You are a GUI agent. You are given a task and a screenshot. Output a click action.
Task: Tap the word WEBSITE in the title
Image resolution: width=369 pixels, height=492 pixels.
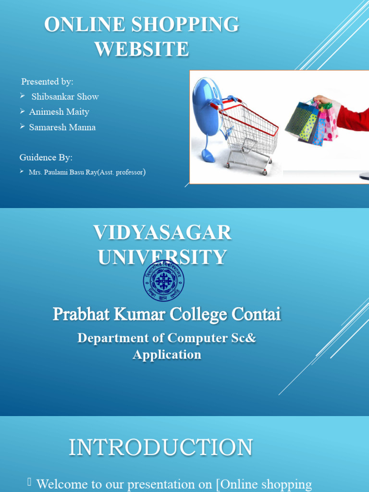click(x=142, y=49)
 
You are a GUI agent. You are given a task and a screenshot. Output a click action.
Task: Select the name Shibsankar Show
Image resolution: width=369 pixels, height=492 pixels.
click(x=65, y=97)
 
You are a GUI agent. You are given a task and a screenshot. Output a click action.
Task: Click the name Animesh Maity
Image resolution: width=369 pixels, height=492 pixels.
click(x=59, y=112)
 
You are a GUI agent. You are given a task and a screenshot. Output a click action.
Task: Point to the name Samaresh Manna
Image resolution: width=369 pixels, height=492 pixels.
click(x=62, y=127)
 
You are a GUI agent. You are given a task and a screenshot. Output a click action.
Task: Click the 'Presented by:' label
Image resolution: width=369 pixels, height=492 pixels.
click(x=47, y=81)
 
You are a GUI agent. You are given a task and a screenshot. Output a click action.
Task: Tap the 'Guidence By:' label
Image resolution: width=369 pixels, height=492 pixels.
click(x=46, y=157)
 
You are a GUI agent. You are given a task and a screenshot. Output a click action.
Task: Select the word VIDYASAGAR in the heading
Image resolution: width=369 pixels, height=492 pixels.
click(x=162, y=233)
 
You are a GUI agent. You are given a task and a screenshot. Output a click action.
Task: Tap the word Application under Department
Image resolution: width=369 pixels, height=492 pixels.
click(x=167, y=355)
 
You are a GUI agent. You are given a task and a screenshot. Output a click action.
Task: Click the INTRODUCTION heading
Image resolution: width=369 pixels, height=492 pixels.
click(x=160, y=447)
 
